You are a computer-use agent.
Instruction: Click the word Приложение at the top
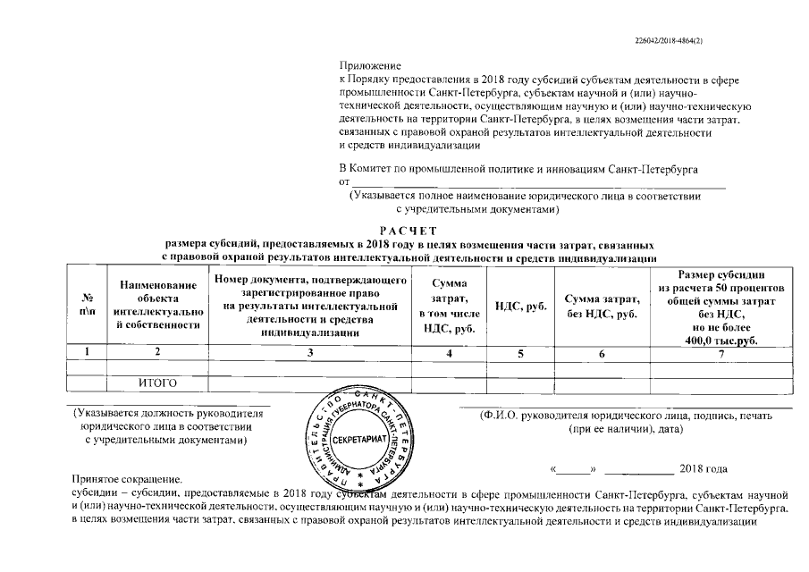click(x=370, y=66)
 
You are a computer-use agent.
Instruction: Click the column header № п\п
click(x=88, y=304)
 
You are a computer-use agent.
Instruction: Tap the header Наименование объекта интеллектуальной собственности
click(x=156, y=304)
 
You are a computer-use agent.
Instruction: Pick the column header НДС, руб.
click(x=520, y=305)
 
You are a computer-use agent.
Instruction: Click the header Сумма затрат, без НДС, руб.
click(x=601, y=305)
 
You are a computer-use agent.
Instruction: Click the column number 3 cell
click(x=309, y=353)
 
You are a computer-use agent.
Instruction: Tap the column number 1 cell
click(x=88, y=353)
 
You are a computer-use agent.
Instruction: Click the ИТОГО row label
click(x=157, y=384)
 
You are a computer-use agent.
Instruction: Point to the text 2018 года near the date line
click(x=704, y=469)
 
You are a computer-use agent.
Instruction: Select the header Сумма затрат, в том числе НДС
click(x=447, y=305)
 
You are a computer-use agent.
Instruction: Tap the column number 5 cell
click(x=520, y=353)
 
